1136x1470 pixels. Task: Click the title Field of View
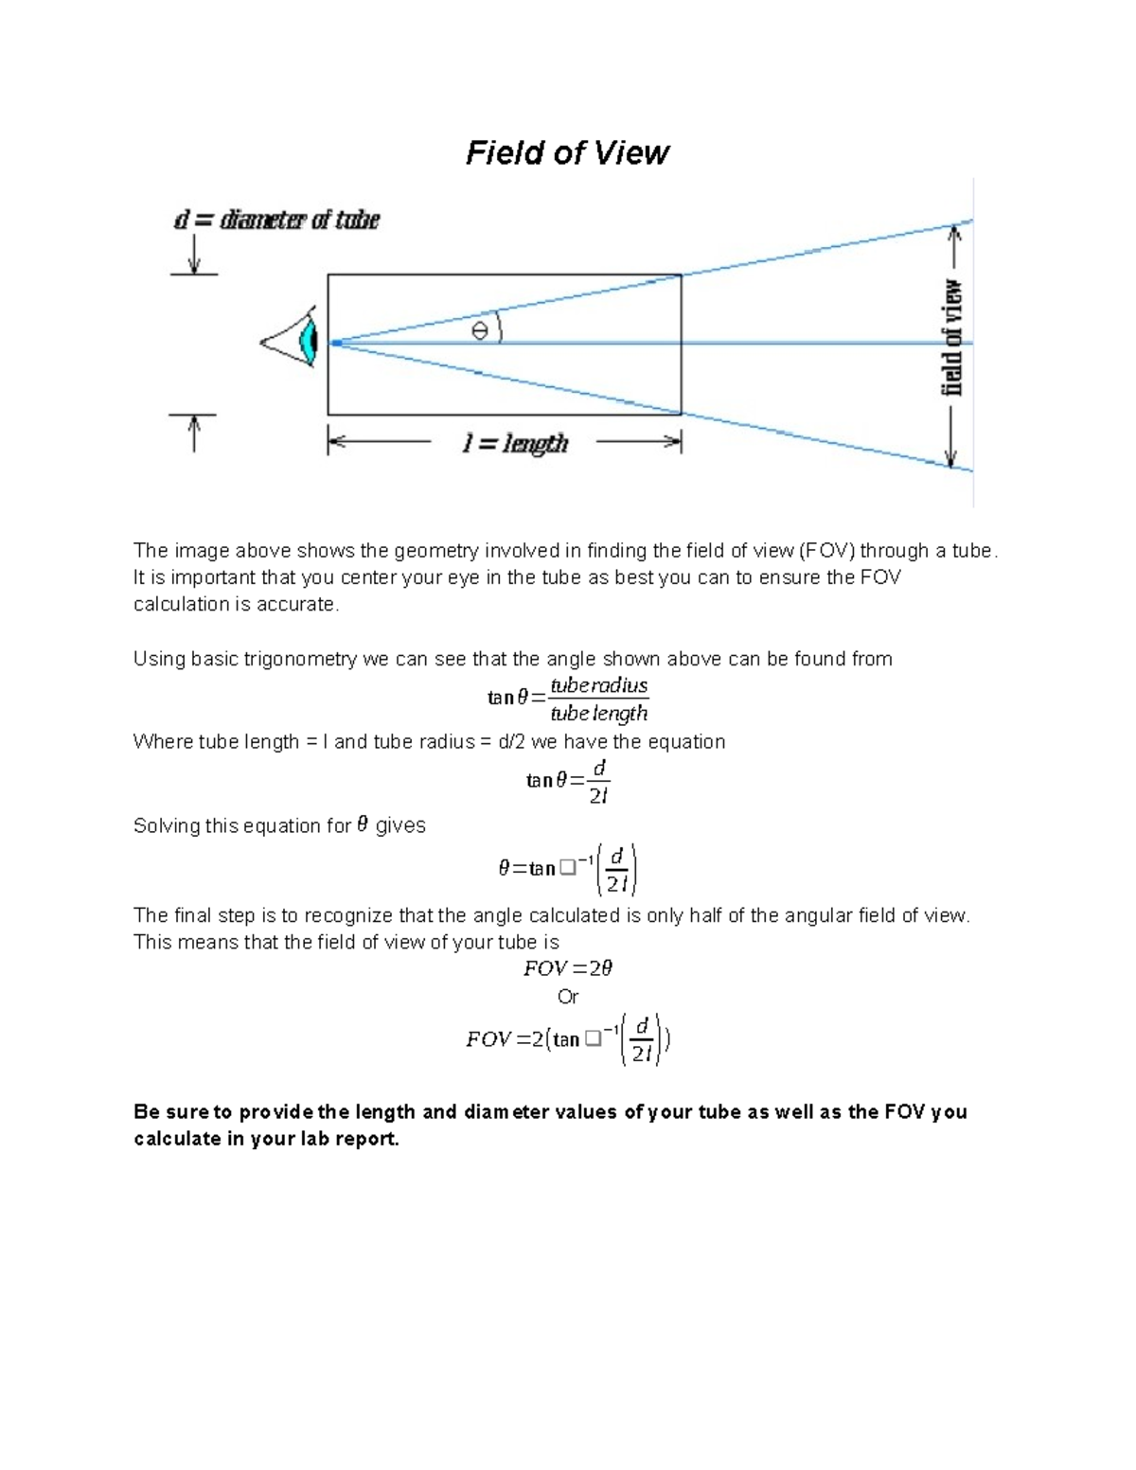tap(567, 153)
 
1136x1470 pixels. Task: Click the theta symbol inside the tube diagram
tap(480, 330)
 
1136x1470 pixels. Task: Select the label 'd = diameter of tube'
tap(275, 221)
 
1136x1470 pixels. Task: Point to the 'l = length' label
tap(515, 443)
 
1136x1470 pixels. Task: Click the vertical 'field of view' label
tap(952, 339)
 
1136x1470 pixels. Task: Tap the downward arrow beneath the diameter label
tap(194, 254)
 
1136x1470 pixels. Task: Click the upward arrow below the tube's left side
tap(194, 434)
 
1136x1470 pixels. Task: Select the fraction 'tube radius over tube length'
tap(598, 699)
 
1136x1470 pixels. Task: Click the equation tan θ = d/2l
tap(567, 781)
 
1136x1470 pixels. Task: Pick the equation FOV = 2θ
tap(568, 968)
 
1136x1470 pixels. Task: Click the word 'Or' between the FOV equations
tap(568, 997)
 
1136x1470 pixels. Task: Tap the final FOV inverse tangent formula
tap(568, 1039)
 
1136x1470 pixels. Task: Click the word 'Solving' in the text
tap(167, 825)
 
